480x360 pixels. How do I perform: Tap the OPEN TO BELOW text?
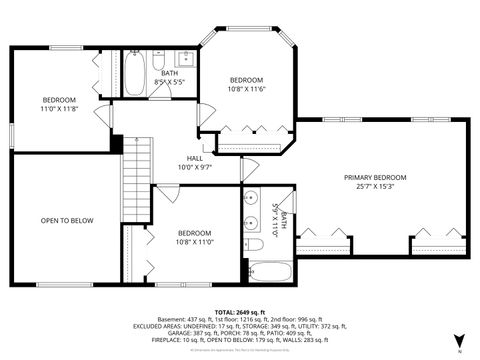click(x=66, y=220)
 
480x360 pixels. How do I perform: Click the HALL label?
click(x=195, y=158)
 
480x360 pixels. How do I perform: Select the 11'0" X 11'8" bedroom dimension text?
click(x=58, y=107)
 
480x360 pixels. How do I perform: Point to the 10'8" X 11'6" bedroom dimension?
click(x=246, y=89)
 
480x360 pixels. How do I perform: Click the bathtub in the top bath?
click(x=136, y=74)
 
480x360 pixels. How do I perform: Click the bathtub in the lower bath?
click(x=269, y=272)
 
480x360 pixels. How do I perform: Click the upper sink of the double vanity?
click(x=251, y=196)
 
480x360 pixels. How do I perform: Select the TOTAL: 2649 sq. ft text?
click(x=240, y=311)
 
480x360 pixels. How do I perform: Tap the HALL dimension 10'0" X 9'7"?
click(x=195, y=167)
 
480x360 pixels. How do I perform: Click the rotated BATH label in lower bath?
click(x=284, y=218)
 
